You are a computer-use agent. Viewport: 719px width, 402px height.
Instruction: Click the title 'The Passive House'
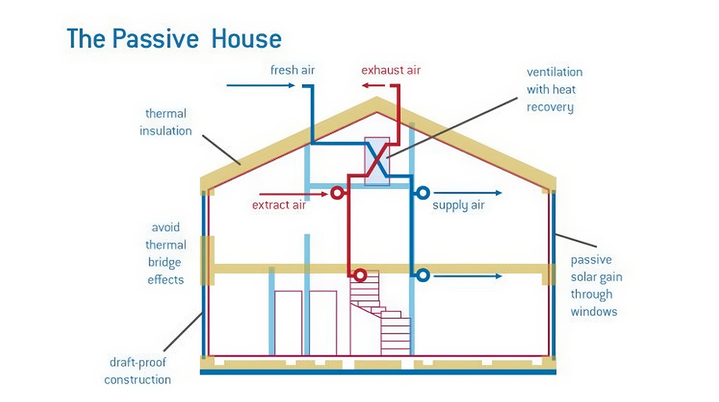point(174,39)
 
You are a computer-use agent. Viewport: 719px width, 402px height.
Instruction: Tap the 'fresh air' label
point(292,70)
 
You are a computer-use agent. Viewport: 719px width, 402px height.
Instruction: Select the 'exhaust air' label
point(391,70)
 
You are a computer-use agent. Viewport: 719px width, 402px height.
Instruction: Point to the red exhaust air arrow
point(373,86)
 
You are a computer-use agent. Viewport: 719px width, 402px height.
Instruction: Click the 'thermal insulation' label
point(165,122)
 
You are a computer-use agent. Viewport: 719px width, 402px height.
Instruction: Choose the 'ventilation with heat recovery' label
point(554,89)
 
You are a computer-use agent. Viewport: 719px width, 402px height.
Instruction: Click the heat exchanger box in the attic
point(377,161)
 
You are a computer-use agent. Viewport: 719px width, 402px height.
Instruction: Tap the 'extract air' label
point(279,205)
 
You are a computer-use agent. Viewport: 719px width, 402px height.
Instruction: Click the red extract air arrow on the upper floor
point(293,194)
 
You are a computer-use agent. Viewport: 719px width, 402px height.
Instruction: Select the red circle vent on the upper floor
point(337,193)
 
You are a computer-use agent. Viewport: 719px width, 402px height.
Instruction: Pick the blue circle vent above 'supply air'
point(422,193)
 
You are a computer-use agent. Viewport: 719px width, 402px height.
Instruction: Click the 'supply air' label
point(458,205)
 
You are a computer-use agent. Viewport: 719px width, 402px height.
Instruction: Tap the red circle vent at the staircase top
point(360,275)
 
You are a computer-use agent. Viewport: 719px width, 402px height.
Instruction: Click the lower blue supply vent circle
point(422,276)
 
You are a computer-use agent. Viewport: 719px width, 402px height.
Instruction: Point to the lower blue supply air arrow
point(467,276)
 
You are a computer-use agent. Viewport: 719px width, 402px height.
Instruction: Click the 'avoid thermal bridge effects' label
point(165,254)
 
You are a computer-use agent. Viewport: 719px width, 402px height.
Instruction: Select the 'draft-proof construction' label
point(138,371)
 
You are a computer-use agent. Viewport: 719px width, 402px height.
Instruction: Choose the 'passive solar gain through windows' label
point(596,286)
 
